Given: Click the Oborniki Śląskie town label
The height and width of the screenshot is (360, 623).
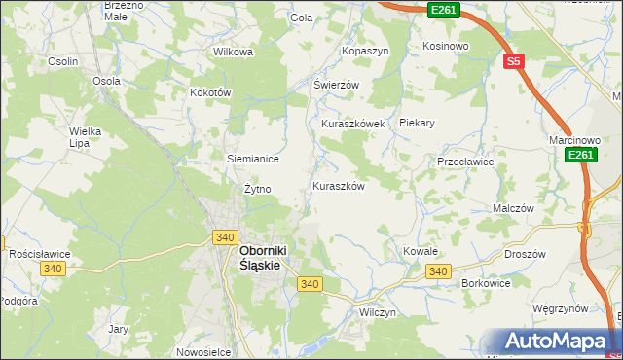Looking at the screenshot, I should pyautogui.click(x=268, y=256).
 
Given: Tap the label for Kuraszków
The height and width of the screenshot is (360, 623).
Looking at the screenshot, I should pyautogui.click(x=338, y=186).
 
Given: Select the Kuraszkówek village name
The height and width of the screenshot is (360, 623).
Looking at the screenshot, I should pyautogui.click(x=353, y=125).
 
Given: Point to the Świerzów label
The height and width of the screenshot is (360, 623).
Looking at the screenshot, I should pyautogui.click(x=336, y=85).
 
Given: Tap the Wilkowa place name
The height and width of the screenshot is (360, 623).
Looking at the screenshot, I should pyautogui.click(x=233, y=52).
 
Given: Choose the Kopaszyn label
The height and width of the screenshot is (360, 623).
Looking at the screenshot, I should pyautogui.click(x=365, y=50).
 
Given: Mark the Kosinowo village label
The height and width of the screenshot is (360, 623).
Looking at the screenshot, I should pyautogui.click(x=446, y=46).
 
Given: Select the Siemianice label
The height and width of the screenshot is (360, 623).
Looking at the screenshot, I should pyautogui.click(x=253, y=159).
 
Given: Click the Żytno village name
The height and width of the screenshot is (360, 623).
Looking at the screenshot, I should pyautogui.click(x=257, y=189).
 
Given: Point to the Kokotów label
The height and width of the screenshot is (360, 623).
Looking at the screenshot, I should pyautogui.click(x=209, y=92).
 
